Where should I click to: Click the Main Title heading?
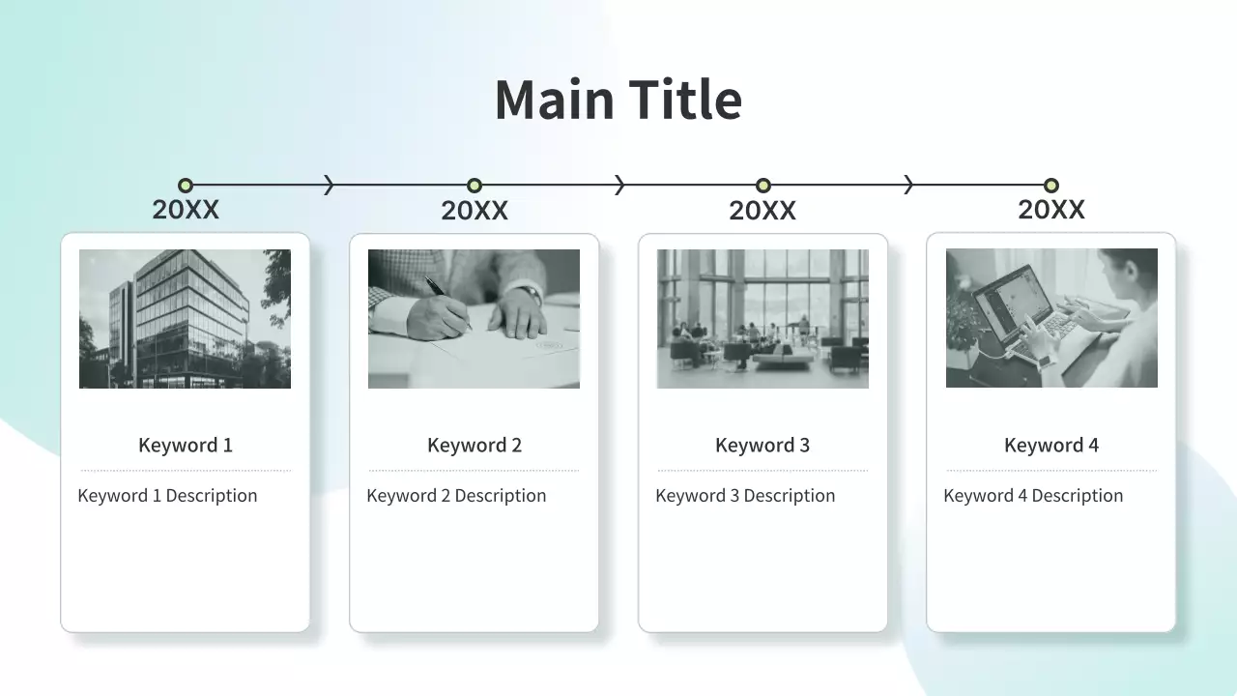click(618, 100)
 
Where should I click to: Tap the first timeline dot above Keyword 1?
click(186, 185)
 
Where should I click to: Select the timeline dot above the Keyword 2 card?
click(475, 185)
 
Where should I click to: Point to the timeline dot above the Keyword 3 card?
click(763, 185)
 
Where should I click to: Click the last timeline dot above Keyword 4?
click(1051, 185)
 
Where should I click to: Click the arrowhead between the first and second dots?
click(330, 185)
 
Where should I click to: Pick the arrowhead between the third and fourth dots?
click(908, 185)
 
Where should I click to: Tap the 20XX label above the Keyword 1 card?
click(186, 210)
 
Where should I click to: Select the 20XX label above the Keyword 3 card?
click(762, 211)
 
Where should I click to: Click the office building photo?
click(185, 319)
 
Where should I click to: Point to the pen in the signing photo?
click(447, 303)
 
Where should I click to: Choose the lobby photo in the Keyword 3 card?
click(762, 319)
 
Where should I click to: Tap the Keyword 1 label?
click(186, 445)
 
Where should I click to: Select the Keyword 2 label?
click(475, 445)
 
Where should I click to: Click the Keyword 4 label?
click(1051, 445)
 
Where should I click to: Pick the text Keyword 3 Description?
click(745, 496)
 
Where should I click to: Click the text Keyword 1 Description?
click(167, 496)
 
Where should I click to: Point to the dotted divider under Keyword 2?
click(474, 471)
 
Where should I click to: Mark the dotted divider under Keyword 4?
click(1051, 471)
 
